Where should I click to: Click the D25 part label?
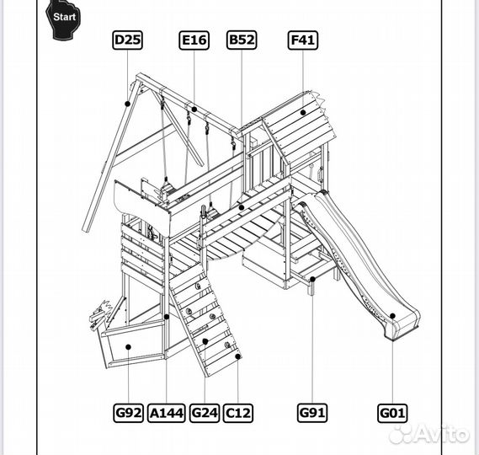pyautogui.click(x=127, y=40)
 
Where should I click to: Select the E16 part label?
pyautogui.click(x=194, y=40)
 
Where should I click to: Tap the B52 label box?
pyautogui.click(x=242, y=40)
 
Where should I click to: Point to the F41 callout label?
pyautogui.click(x=303, y=40)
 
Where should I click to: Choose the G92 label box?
pyautogui.click(x=128, y=413)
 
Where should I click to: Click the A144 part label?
pyautogui.click(x=166, y=413)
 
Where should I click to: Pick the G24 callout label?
pyautogui.click(x=205, y=413)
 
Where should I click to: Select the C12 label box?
pyautogui.click(x=238, y=413)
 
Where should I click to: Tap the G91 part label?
pyautogui.click(x=312, y=413)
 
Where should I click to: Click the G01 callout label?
pyautogui.click(x=392, y=413)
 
